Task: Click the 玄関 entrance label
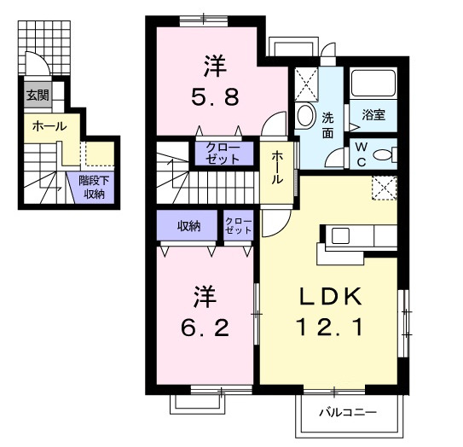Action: pos(36,95)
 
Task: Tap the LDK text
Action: pos(330,297)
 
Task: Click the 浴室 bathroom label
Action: pos(373,113)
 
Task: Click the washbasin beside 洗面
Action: pos(306,116)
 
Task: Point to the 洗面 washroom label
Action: pos(327,125)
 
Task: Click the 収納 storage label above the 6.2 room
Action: pos(188,226)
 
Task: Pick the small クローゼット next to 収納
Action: pos(239,226)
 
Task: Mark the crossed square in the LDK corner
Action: pos(384,185)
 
